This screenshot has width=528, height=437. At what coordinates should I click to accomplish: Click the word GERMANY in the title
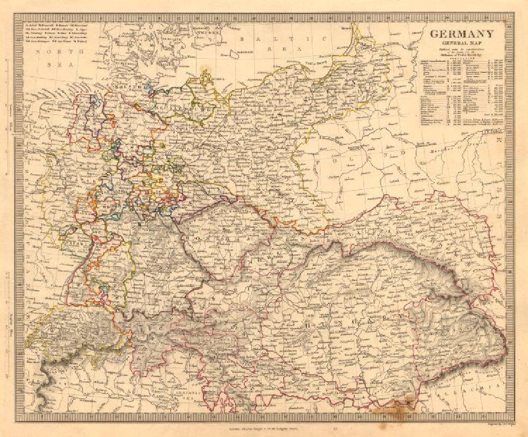coord(461,34)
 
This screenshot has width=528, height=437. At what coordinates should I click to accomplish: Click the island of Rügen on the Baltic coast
coord(206,76)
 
